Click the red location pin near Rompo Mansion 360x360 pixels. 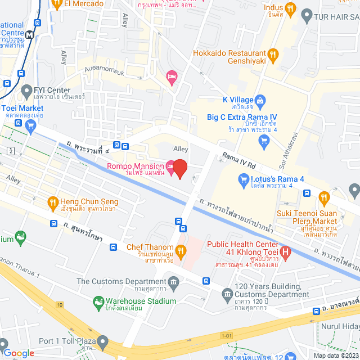click(x=179, y=168)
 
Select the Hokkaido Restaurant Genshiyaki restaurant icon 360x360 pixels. click(x=273, y=55)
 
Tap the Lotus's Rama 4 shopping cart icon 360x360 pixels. click(x=244, y=179)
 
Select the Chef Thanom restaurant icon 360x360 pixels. click(x=181, y=249)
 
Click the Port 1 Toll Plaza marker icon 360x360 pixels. click(x=102, y=341)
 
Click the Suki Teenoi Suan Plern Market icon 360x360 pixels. click(x=323, y=197)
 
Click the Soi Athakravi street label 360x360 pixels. click(x=292, y=149)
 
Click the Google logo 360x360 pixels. click(x=19, y=353)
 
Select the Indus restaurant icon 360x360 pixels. click(x=290, y=9)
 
